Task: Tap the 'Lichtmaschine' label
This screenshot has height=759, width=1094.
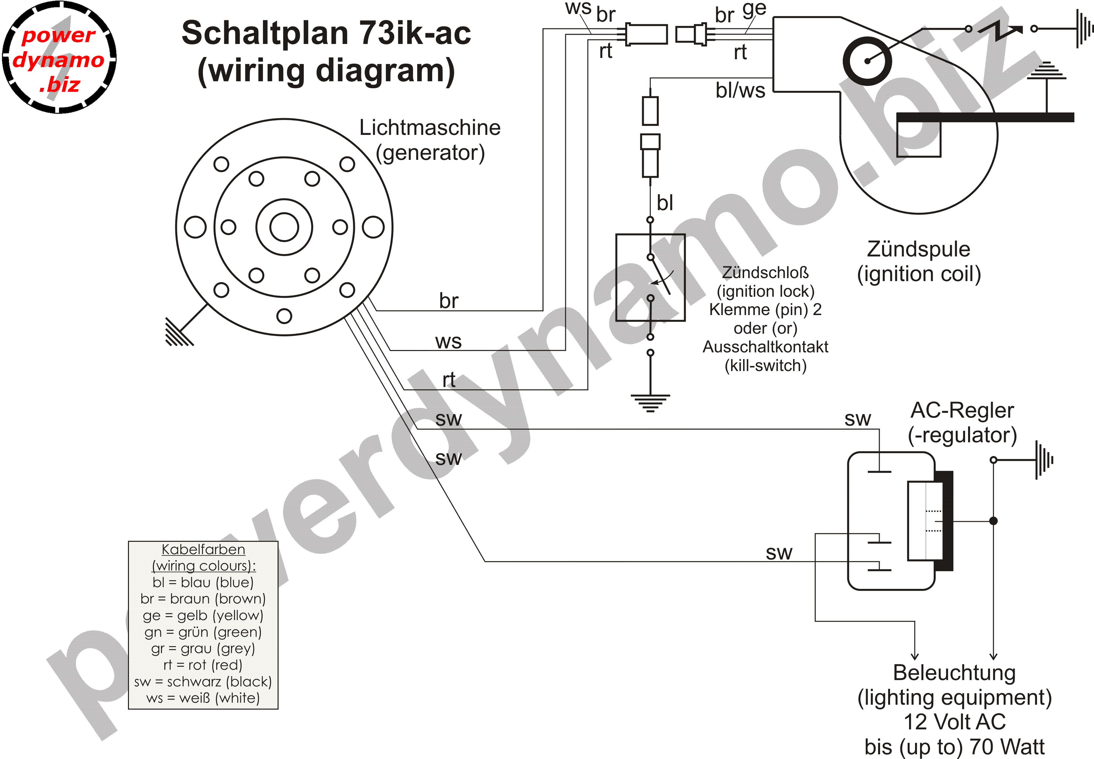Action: pos(429,128)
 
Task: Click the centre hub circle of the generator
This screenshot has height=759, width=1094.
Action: pos(284,227)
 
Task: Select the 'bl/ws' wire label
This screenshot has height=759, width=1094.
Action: pos(740,90)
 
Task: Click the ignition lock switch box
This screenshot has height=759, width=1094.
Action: pos(650,277)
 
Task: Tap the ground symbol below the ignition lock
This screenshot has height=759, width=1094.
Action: pos(650,402)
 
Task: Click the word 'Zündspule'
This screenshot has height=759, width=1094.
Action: pos(918,249)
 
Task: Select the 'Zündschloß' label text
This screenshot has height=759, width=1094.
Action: pos(765,272)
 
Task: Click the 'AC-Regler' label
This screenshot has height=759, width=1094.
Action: pos(962,410)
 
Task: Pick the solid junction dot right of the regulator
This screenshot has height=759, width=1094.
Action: pos(993,521)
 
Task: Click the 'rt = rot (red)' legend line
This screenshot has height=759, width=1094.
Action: pos(203,665)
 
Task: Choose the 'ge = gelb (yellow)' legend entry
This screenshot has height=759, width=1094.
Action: pos(203,615)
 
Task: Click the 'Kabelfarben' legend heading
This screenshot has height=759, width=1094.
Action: pos(203,549)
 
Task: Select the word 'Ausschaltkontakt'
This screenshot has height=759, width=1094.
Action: pos(765,347)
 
